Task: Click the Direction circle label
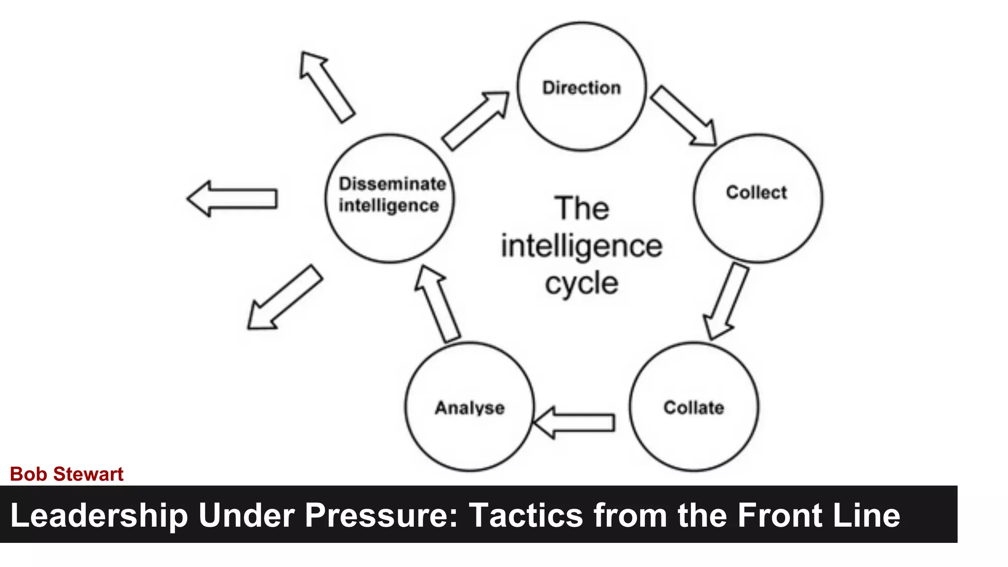pyautogui.click(x=581, y=88)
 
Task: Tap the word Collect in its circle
pyautogui.click(x=756, y=192)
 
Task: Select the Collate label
pyautogui.click(x=693, y=408)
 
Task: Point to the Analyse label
pyautogui.click(x=470, y=408)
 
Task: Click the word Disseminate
pyautogui.click(x=392, y=184)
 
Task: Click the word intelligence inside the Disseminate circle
pyautogui.click(x=388, y=206)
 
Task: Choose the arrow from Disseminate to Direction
pyautogui.click(x=475, y=120)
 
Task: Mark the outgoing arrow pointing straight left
pyautogui.click(x=232, y=198)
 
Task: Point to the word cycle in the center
pyautogui.click(x=581, y=284)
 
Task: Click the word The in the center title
pyautogui.click(x=581, y=208)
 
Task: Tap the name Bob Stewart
pyautogui.click(x=66, y=474)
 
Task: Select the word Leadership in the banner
pyautogui.click(x=99, y=515)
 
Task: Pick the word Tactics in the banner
pyautogui.click(x=525, y=515)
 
